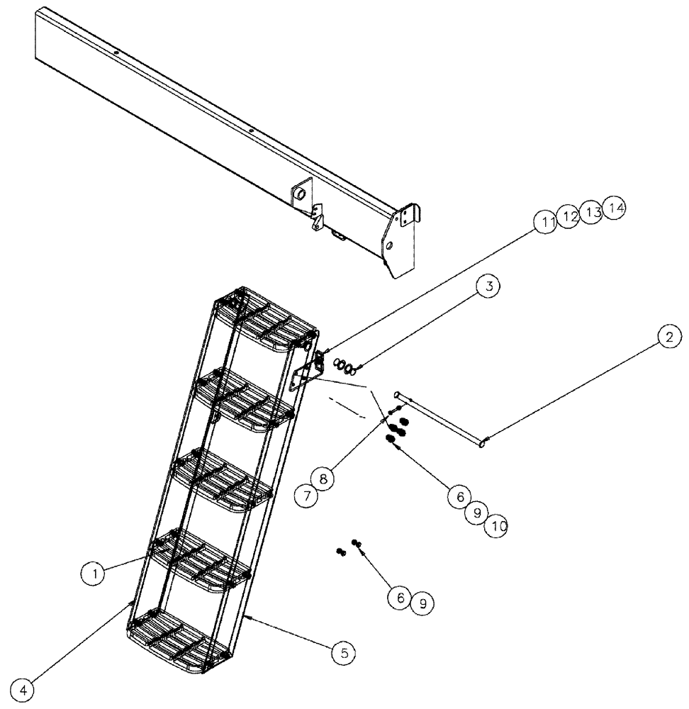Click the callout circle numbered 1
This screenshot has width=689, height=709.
(x=94, y=573)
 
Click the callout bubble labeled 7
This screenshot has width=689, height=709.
(x=307, y=496)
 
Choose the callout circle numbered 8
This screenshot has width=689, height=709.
(x=323, y=479)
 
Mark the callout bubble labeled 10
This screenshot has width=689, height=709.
(x=496, y=525)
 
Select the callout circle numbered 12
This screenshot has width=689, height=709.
(x=568, y=217)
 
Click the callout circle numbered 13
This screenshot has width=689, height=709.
(x=591, y=212)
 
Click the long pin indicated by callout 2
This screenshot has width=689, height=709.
(x=439, y=419)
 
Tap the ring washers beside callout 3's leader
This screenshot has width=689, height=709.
(x=341, y=365)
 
